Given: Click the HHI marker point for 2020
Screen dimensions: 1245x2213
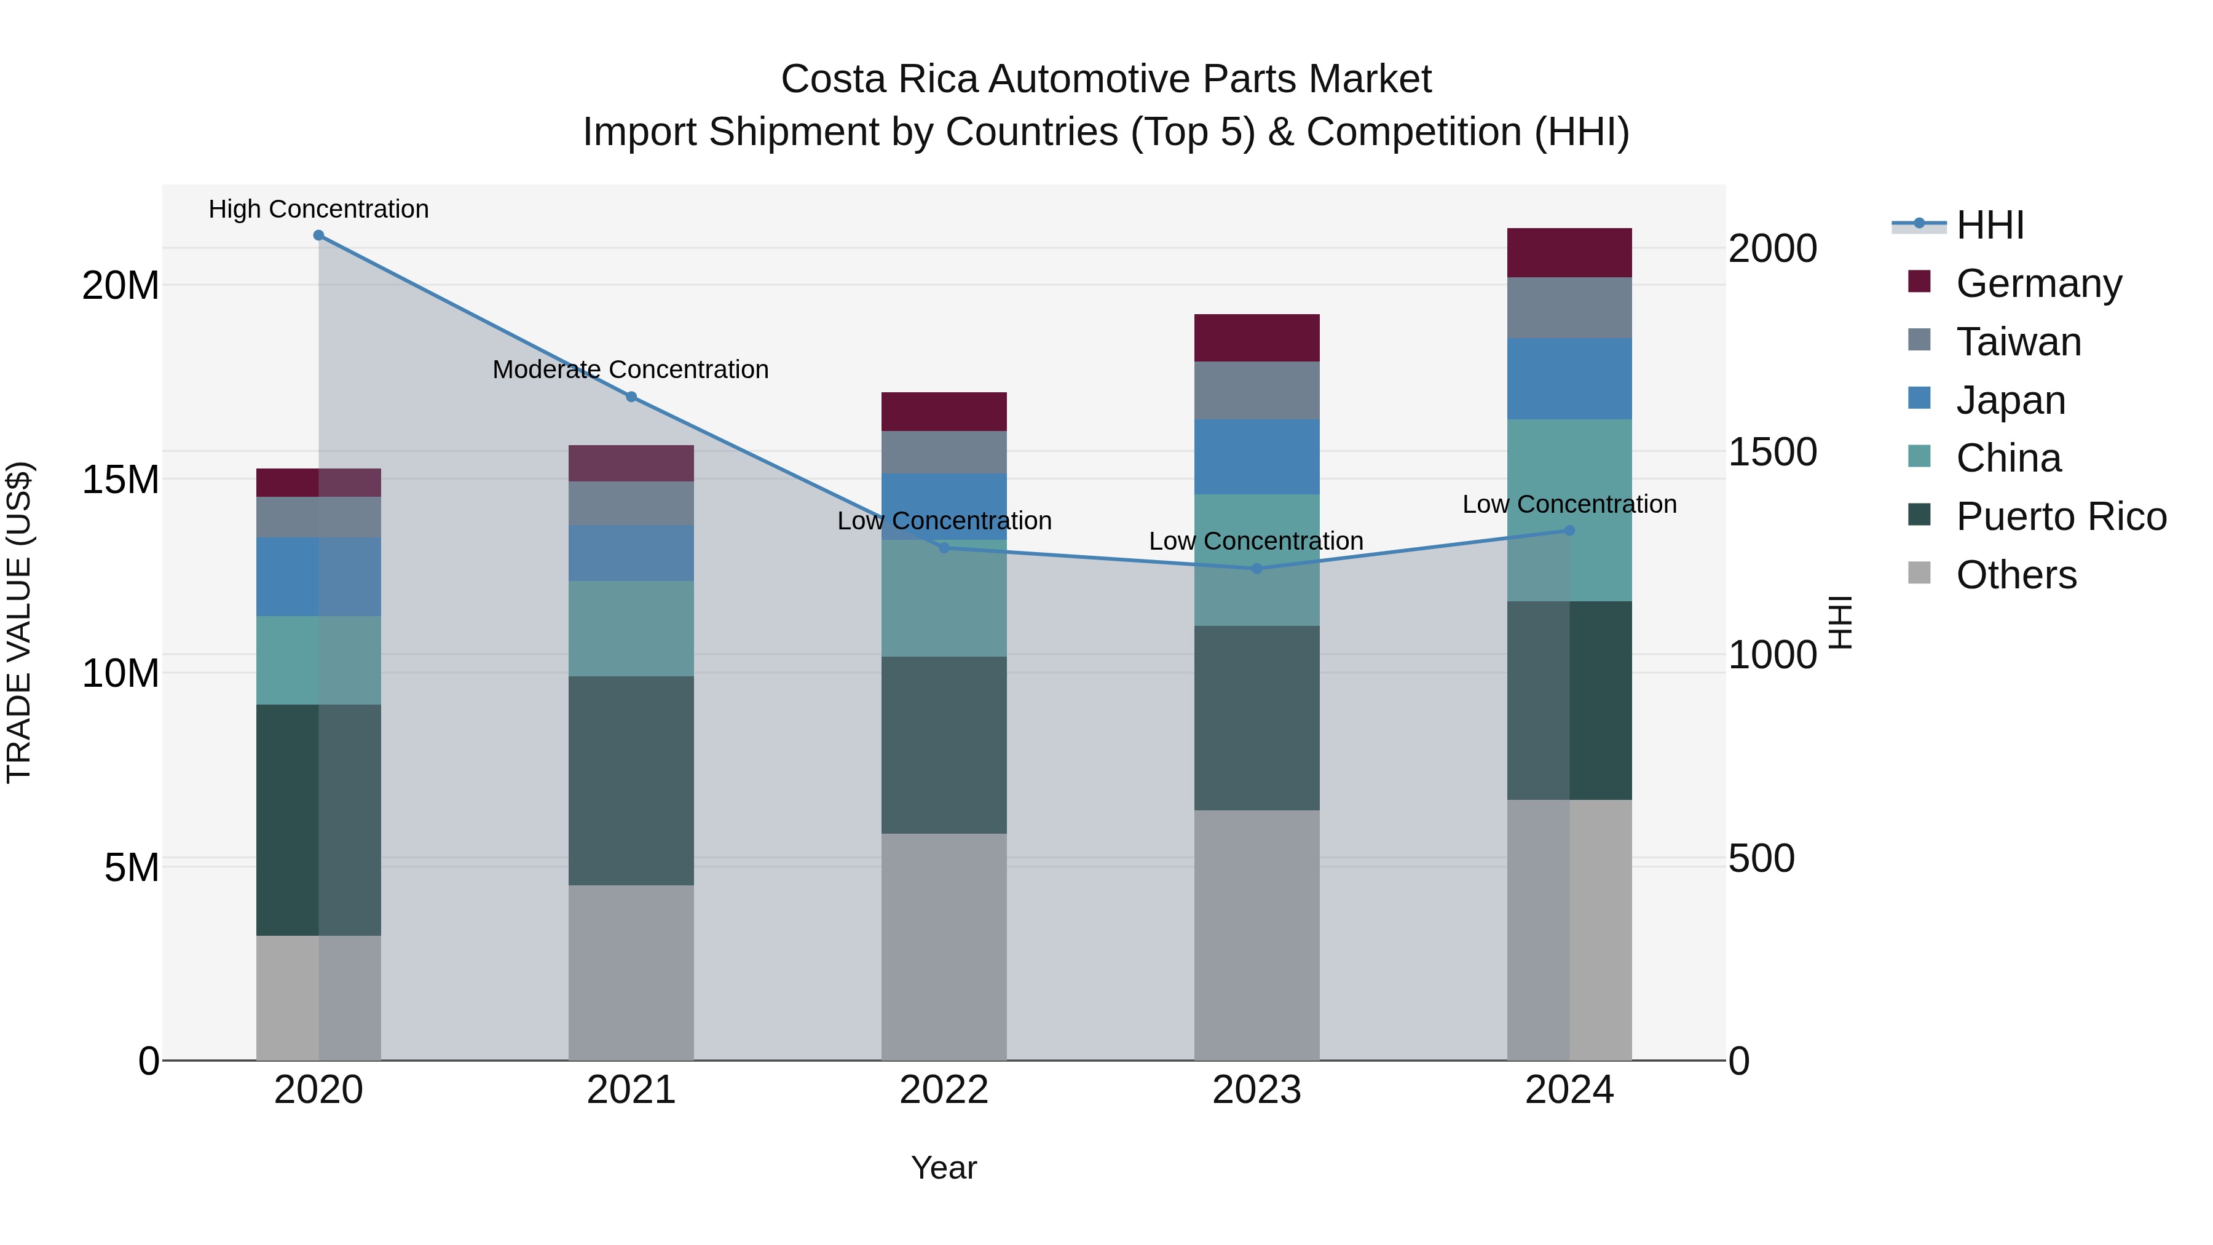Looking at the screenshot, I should coord(318,235).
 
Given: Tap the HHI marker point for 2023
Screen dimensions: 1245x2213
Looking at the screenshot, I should coord(1257,569).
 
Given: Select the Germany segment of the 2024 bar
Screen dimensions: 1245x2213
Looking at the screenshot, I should coord(1569,253).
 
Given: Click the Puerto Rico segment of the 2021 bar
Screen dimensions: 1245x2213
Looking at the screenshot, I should coord(631,780).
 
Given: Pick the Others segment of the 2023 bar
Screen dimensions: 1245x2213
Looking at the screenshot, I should coord(1257,935).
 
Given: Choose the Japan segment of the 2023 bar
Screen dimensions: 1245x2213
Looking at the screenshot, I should coord(1257,456).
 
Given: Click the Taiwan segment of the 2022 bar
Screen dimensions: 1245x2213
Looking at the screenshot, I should coord(944,452).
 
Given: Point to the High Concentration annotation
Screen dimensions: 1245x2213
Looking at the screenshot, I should coord(318,210).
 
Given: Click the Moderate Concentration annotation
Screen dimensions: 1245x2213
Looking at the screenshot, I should coord(631,370).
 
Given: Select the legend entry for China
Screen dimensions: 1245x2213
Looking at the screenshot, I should coord(2008,458).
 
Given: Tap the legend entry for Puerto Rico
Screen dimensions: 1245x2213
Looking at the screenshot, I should coord(2060,516).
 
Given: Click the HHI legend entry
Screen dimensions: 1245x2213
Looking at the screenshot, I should coord(1990,225).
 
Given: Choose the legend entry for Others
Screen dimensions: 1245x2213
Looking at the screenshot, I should coord(2016,575).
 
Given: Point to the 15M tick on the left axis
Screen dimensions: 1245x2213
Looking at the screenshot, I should coord(120,480).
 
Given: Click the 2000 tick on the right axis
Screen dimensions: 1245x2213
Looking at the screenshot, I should coord(1772,249).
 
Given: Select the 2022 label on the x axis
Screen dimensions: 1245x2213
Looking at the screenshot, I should coord(944,1090).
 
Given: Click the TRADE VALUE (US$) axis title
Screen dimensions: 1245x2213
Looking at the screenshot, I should coord(19,622).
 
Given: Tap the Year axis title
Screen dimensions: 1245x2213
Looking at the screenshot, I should coord(944,1168).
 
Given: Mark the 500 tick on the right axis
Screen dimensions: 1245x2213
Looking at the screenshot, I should coord(1761,858).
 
